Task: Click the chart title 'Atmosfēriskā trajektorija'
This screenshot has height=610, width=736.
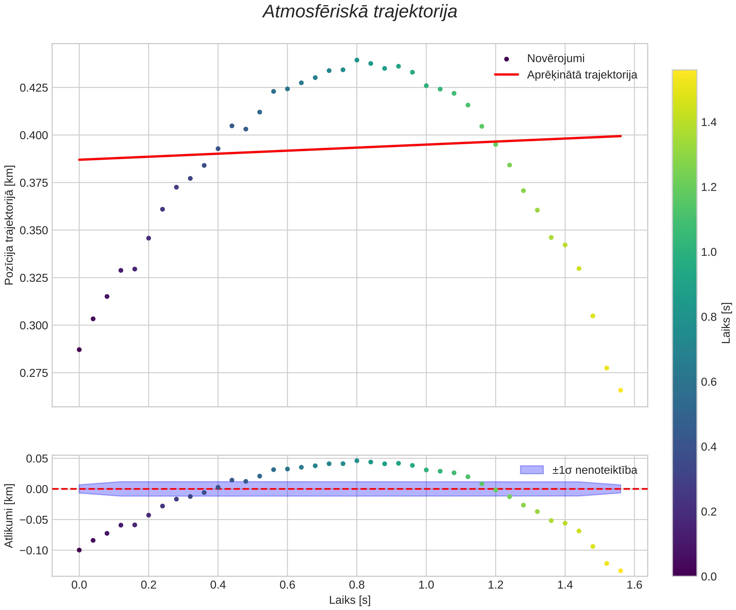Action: tap(360, 12)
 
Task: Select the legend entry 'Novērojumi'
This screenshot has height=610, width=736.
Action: tap(556, 59)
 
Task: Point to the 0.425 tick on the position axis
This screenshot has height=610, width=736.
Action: tap(34, 88)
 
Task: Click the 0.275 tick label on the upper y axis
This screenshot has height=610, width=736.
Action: tap(34, 373)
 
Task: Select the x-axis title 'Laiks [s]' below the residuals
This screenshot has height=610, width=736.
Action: tap(350, 600)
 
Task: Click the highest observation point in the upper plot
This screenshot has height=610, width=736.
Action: tap(357, 60)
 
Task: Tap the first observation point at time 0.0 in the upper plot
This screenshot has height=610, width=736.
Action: tap(79, 350)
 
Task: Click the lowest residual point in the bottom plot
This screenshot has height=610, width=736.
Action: tap(621, 571)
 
